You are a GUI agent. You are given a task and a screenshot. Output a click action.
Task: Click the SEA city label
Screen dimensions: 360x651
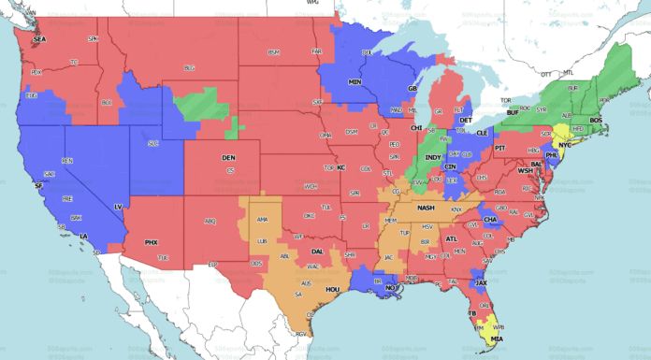coord(39,40)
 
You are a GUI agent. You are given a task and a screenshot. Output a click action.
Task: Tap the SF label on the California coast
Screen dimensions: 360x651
coord(38,186)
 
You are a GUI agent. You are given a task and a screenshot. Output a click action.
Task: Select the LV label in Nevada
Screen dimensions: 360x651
coord(118,206)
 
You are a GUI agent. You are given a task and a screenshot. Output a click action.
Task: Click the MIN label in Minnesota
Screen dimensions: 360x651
coord(355,82)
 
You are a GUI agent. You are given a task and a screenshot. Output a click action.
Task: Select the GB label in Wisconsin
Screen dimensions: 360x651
coord(412,88)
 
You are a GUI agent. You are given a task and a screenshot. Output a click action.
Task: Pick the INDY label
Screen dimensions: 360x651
coord(434,157)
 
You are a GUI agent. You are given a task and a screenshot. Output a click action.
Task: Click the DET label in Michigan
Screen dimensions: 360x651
coord(466,122)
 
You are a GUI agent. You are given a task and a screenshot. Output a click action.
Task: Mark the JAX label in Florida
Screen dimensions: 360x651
coord(481,281)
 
